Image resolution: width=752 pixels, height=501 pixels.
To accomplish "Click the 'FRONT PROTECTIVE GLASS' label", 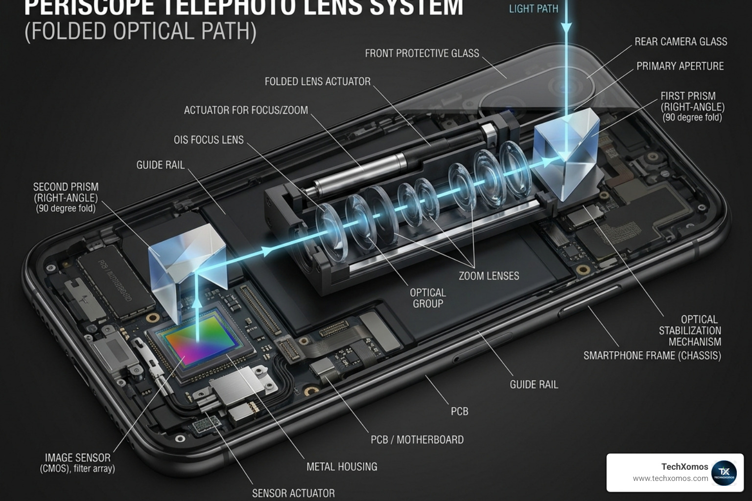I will (422, 53).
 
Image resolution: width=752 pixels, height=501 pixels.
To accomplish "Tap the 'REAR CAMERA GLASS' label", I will (681, 42).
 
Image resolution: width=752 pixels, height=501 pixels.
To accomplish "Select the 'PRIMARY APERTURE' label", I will (680, 67).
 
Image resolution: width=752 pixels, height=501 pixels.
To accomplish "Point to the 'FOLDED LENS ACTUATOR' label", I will (317, 82).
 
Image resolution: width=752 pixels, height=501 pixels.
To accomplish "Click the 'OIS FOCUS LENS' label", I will (209, 140).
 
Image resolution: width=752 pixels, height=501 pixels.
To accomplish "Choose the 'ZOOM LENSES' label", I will (489, 276).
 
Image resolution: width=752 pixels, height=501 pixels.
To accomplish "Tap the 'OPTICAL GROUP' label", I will (427, 298).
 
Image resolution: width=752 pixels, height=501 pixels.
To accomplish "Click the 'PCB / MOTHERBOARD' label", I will (417, 440).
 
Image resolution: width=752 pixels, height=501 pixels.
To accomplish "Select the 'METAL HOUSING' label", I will (342, 467).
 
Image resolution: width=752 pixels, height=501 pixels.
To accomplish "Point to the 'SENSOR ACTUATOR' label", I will (293, 493).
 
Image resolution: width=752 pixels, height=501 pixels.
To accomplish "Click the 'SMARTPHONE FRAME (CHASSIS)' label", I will (652, 356).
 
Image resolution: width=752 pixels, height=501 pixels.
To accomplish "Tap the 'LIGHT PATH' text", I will (533, 9).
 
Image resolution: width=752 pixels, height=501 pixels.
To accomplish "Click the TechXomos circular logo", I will (724, 473).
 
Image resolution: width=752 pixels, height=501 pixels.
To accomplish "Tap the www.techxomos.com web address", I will (670, 478).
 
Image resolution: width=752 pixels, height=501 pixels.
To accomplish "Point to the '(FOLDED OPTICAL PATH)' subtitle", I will (141, 31).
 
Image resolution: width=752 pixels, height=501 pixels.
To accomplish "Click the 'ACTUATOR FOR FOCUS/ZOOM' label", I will (246, 111).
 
